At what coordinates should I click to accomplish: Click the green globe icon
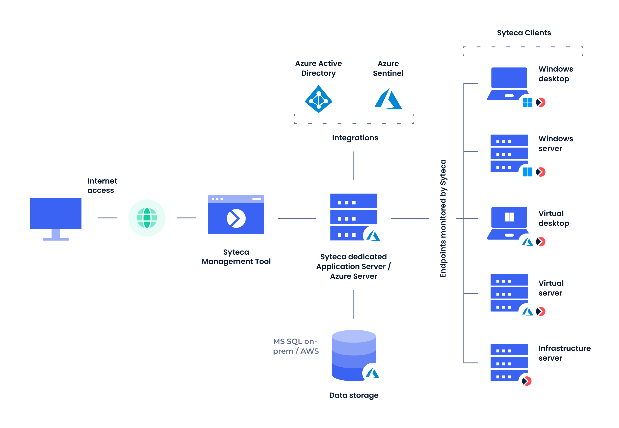pos(147,218)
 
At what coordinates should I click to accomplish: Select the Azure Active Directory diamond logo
pos(319,99)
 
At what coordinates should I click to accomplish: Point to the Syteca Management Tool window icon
pos(236,214)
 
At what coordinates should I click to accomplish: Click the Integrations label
pos(355,138)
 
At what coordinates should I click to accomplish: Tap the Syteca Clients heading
pos(524,33)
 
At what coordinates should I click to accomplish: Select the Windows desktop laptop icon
pos(509,83)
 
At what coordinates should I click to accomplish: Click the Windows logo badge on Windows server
pos(528,172)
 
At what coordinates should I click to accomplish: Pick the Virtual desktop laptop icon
pos(509,223)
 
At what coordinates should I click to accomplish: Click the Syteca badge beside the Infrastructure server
pos(527,381)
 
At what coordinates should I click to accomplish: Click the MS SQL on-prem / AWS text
pos(296,346)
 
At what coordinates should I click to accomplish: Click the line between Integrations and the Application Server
pos(354,166)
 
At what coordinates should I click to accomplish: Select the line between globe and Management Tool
pos(186,218)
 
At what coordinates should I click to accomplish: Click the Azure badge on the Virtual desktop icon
pos(528,242)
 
